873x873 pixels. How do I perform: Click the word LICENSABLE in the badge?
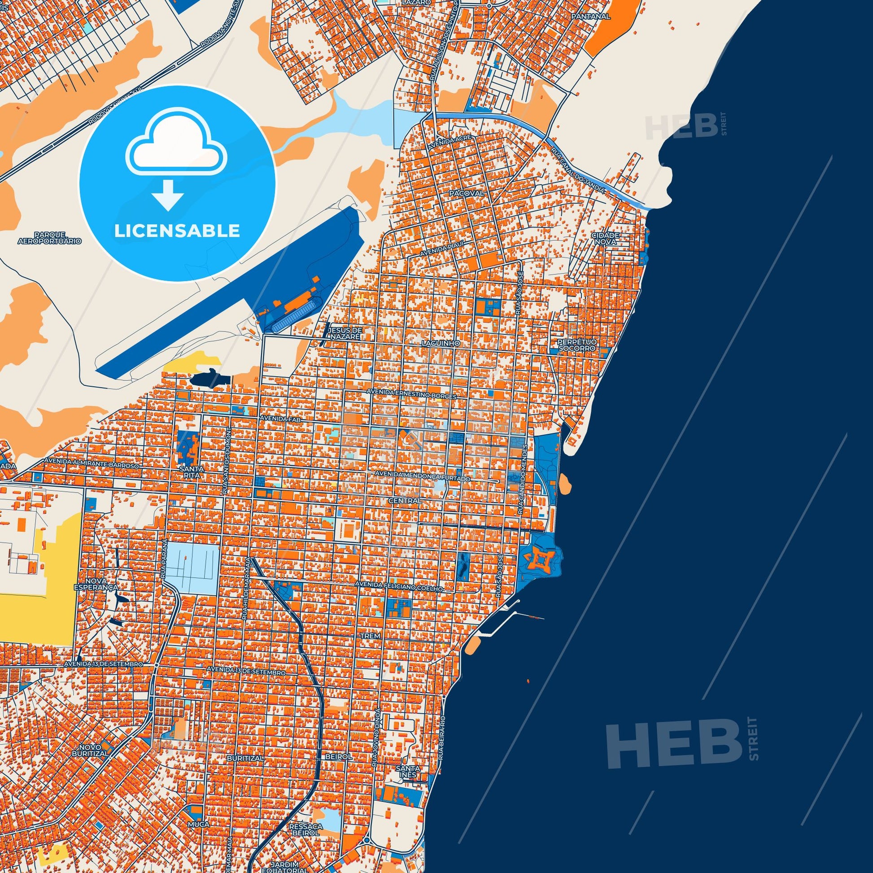click(177, 231)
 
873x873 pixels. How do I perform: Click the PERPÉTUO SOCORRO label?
click(576, 346)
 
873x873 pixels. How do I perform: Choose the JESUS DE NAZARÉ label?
click(346, 333)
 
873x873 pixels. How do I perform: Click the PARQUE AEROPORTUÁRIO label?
click(50, 238)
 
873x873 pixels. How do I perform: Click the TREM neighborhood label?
click(371, 636)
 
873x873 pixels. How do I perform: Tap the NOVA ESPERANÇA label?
click(102, 584)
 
